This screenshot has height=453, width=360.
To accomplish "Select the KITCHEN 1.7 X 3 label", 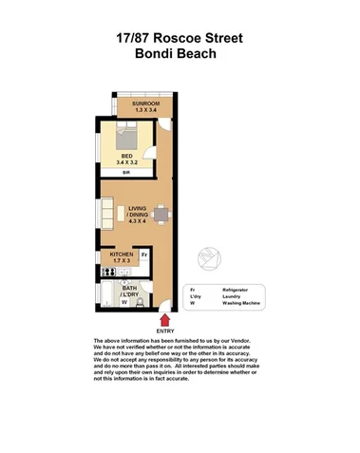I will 122,259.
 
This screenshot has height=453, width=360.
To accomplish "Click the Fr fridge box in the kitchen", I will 144,255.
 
